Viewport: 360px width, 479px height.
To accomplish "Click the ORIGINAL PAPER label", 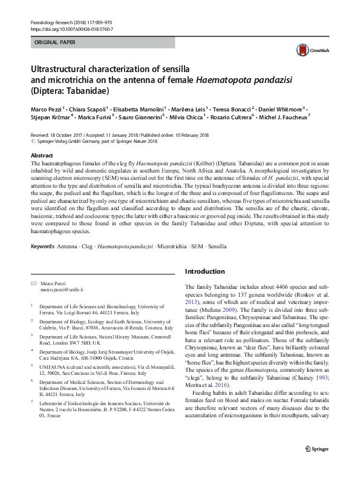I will tap(55, 43).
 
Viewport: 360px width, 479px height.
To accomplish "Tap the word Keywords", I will tap(42, 247).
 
